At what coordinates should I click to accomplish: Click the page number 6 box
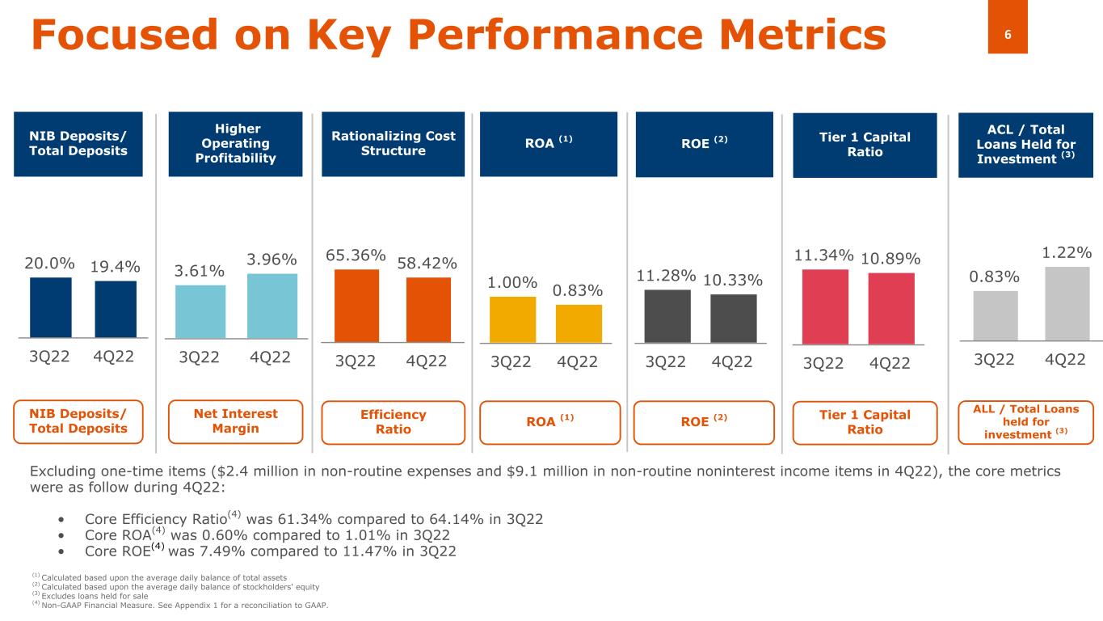pos(1008,34)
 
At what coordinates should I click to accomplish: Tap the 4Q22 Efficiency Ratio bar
pos(428,310)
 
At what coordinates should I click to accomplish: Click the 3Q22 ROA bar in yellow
pos(512,319)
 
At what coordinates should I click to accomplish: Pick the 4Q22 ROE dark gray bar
pos(733,319)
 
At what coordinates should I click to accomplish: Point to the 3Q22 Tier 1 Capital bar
pos(825,306)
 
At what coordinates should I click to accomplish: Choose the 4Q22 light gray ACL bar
pos(1067,303)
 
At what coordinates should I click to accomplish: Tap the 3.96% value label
pos(272,260)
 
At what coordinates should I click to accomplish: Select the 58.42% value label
pos(427,264)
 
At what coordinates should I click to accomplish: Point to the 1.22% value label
pos(1067,253)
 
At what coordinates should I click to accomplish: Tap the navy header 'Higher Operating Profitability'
pos(235,144)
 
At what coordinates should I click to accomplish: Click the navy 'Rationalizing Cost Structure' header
pos(393,144)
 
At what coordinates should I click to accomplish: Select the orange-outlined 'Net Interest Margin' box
pos(235,421)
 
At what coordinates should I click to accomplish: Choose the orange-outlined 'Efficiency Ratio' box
pos(393,422)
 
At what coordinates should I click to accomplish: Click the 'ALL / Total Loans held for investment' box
pos(1025,421)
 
